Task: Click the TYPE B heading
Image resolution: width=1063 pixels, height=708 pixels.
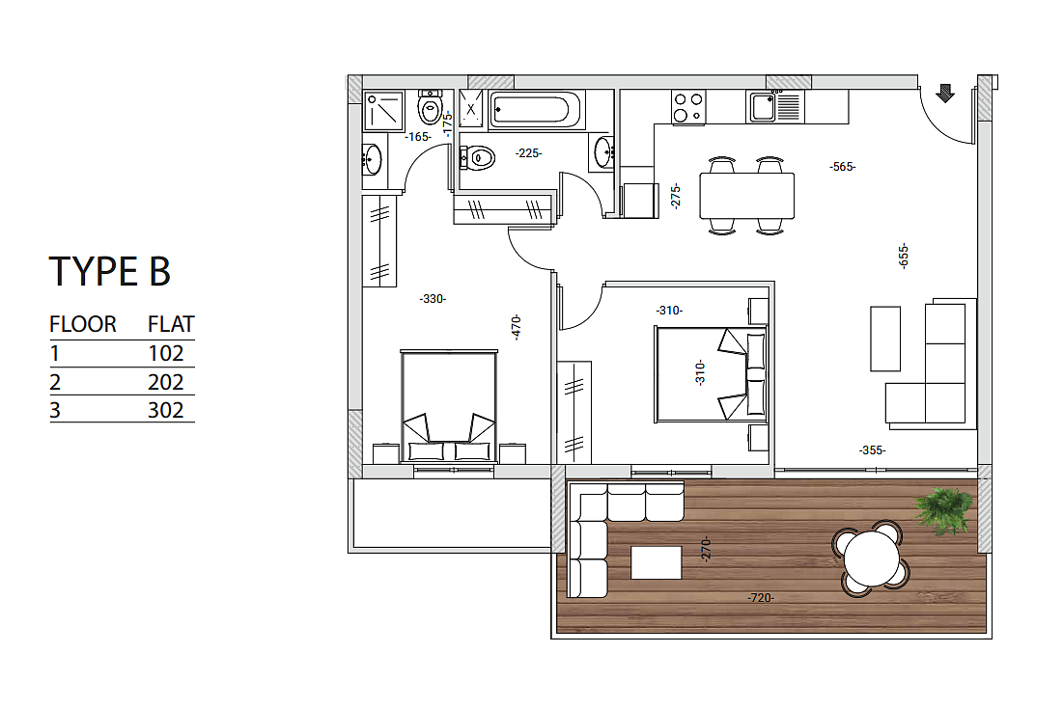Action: coord(109,271)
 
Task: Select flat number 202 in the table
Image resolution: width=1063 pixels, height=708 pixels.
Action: coord(165,382)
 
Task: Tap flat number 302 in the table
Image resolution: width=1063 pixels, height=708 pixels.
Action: coord(165,410)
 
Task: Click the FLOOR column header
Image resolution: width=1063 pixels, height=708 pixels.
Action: coord(83,324)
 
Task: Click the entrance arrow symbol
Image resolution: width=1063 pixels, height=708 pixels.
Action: coord(945,93)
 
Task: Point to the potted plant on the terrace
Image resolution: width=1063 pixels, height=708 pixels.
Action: coord(943,510)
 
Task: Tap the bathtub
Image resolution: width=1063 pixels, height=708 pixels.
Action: coord(534,109)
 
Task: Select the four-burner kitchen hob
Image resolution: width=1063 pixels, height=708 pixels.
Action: coord(688,108)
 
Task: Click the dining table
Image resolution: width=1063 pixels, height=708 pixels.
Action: coord(746,195)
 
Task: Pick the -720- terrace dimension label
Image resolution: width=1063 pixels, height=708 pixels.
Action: coord(761,598)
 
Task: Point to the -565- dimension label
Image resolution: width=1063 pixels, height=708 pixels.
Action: coord(843,167)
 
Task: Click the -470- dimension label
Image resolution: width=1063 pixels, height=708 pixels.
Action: coord(517,327)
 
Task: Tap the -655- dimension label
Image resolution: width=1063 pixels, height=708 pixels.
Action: coord(903,257)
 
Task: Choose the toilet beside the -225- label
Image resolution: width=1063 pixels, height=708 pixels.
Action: coord(477,158)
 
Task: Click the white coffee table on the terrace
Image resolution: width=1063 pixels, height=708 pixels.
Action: coord(657,563)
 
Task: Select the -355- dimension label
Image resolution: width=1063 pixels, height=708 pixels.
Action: coord(873,449)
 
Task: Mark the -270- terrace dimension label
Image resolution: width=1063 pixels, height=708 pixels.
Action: coord(706,549)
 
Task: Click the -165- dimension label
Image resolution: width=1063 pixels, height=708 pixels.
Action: coord(418,137)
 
